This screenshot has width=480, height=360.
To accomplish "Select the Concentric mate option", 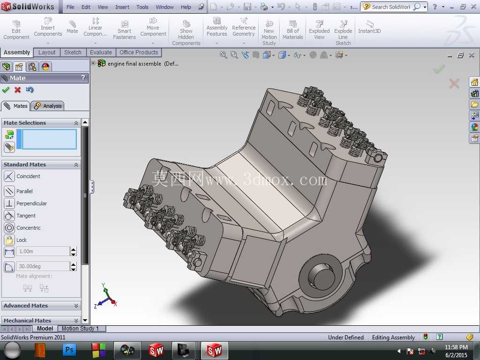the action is click(x=22, y=228).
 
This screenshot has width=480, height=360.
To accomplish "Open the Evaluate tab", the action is click(x=101, y=52).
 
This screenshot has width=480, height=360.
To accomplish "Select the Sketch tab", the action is click(x=73, y=52).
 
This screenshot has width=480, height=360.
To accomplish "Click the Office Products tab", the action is click(x=139, y=52).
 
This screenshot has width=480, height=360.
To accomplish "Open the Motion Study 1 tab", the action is click(x=80, y=329).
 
